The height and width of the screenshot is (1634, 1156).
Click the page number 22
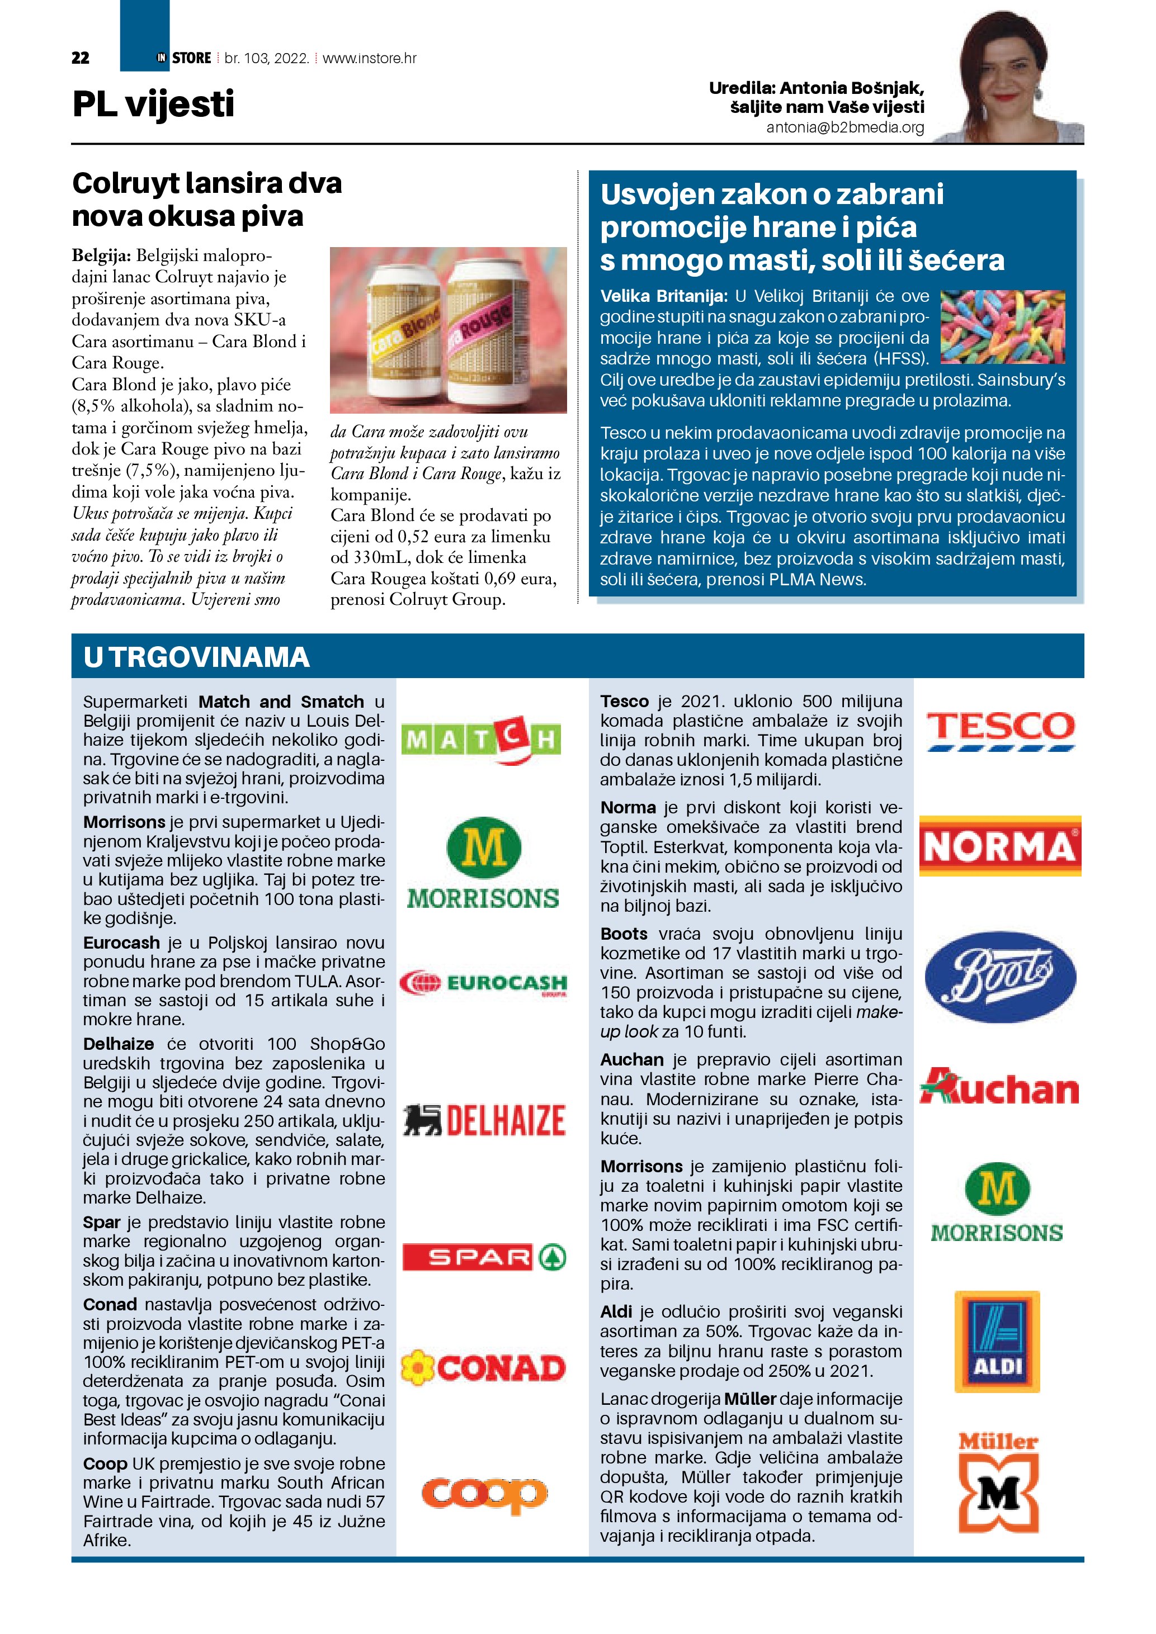pyautogui.click(x=81, y=58)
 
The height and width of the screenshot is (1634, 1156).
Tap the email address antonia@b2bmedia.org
pyautogui.click(x=845, y=127)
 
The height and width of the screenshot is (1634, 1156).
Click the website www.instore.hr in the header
pyautogui.click(x=370, y=58)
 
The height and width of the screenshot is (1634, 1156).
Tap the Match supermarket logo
pyautogui.click(x=481, y=740)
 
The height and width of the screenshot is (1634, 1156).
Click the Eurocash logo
pyautogui.click(x=483, y=983)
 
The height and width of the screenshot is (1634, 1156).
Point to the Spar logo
pyautogui.click(x=484, y=1258)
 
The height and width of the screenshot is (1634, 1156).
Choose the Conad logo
pyautogui.click(x=483, y=1368)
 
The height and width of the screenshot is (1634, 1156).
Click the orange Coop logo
pyautogui.click(x=484, y=1493)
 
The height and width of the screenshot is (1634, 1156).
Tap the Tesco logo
pyautogui.click(x=1000, y=730)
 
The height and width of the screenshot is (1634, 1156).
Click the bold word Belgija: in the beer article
pyautogui.click(x=101, y=255)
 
